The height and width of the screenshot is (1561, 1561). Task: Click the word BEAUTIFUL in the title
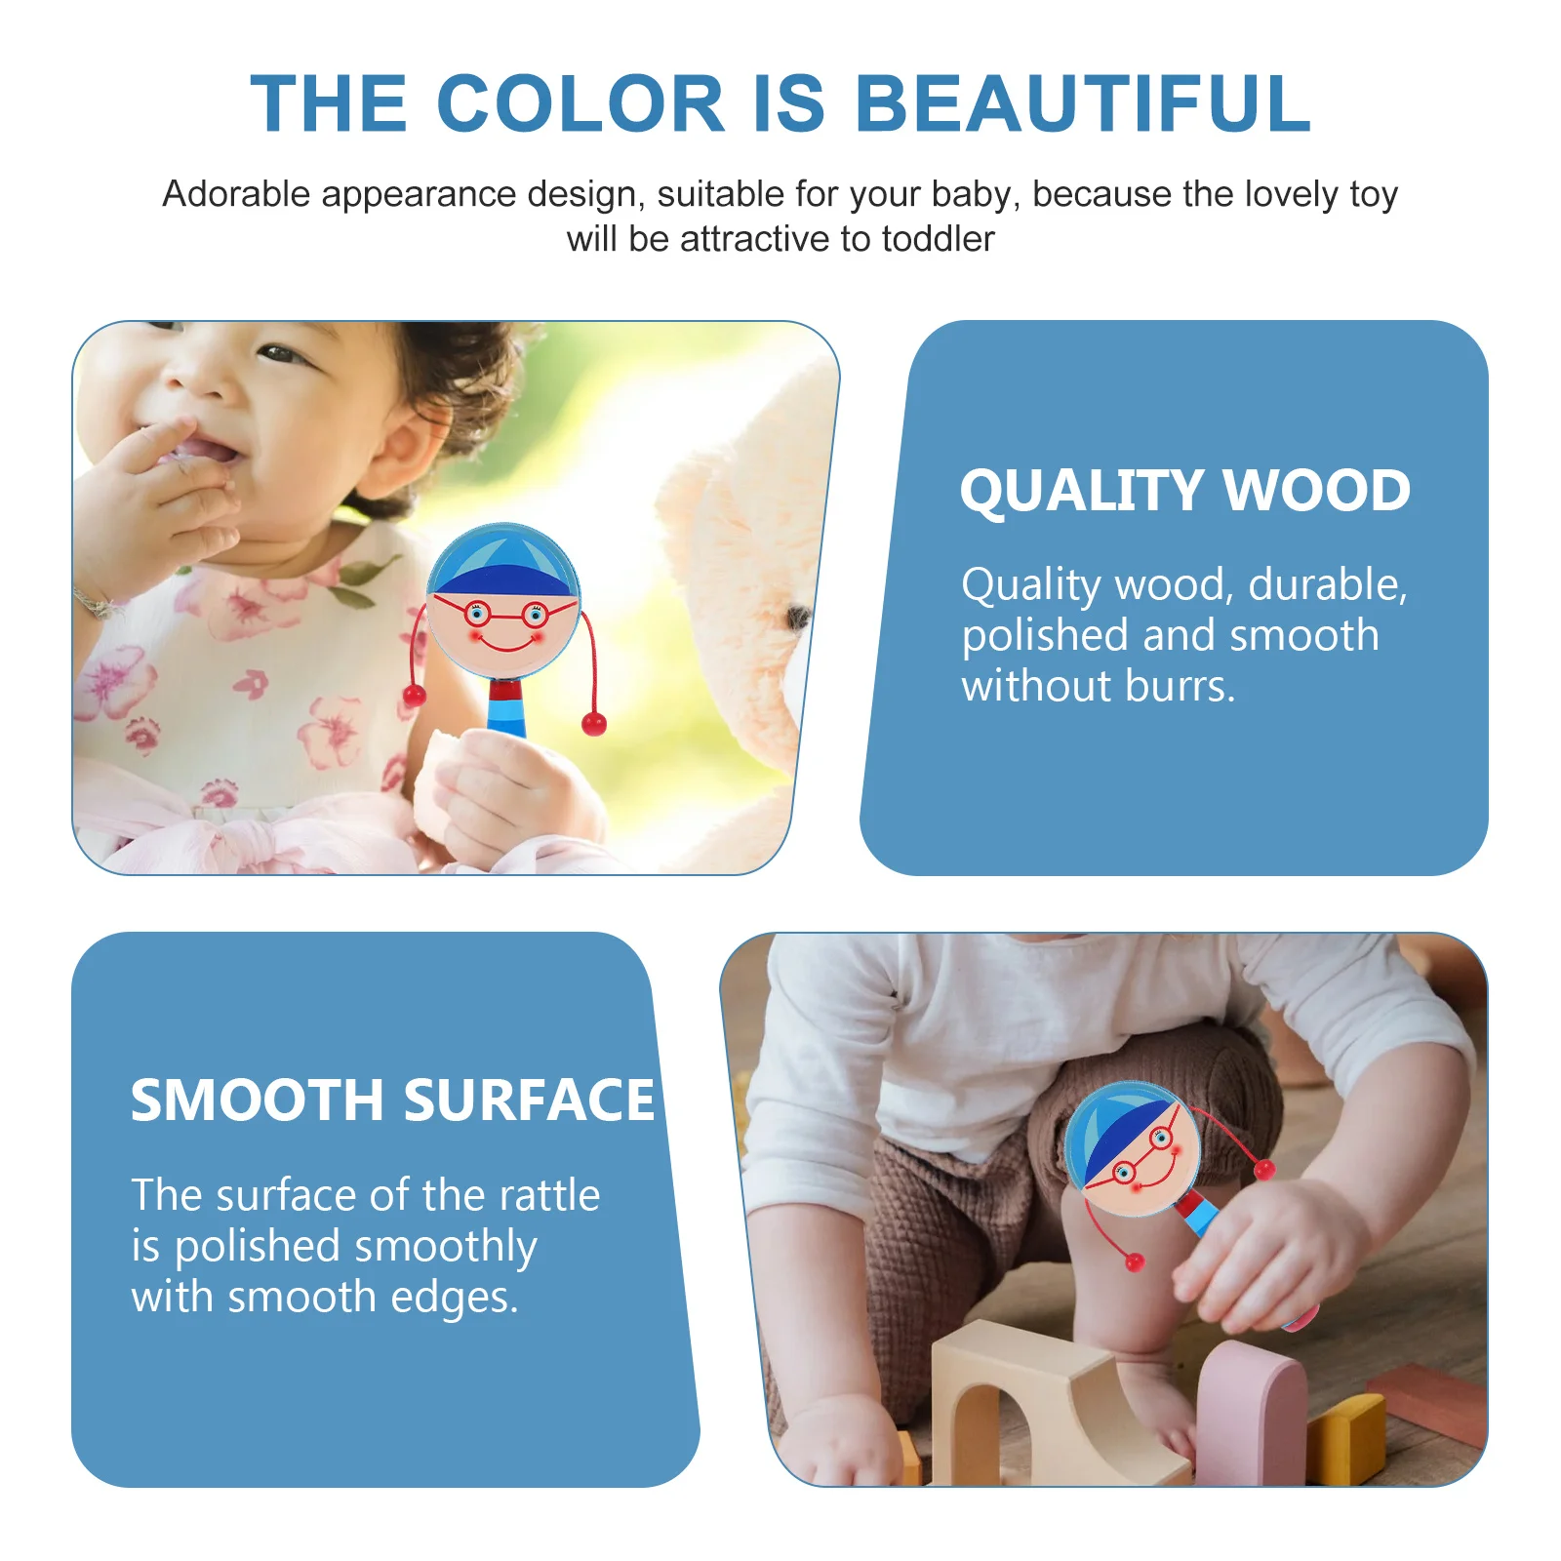pos(1083,103)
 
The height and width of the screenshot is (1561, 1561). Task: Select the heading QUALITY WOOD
pos(1184,490)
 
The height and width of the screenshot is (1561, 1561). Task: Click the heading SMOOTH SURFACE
pos(392,1101)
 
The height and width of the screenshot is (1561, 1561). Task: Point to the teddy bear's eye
pos(798,617)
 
